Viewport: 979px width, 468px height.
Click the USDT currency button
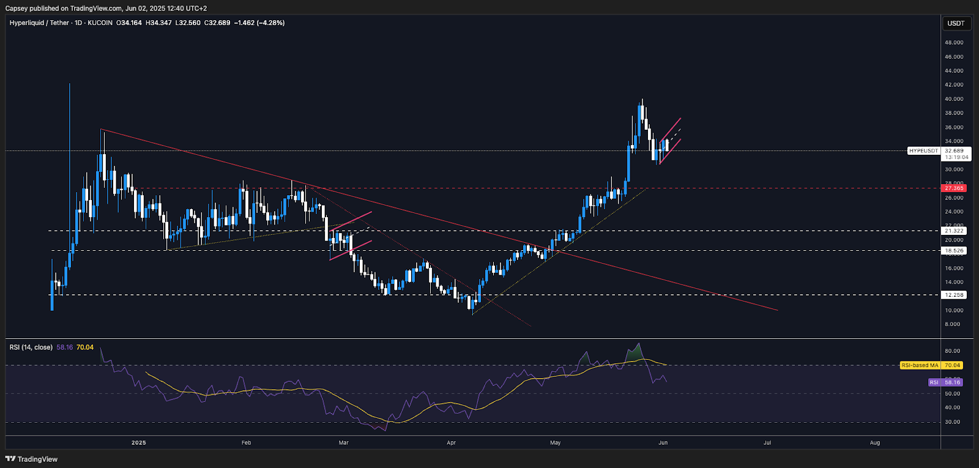point(956,23)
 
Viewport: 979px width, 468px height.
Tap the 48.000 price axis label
point(954,43)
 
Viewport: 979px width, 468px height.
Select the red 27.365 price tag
point(954,188)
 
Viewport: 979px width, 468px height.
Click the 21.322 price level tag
point(954,231)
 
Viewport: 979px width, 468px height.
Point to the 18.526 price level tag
point(954,251)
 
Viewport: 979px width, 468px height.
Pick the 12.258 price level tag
point(954,295)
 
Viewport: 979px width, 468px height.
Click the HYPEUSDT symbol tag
point(923,150)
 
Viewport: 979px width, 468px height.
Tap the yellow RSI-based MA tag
point(920,365)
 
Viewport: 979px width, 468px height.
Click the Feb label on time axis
point(247,442)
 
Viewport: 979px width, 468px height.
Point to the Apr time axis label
point(451,442)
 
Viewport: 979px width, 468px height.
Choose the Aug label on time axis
point(875,442)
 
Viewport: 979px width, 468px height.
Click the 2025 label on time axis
point(139,442)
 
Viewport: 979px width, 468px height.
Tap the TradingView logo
point(32,459)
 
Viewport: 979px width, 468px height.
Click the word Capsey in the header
point(16,9)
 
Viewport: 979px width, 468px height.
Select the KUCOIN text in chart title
point(100,23)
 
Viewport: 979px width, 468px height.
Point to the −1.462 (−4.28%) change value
point(259,23)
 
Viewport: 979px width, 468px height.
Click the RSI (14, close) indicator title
point(31,347)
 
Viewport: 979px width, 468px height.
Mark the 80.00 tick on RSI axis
point(952,351)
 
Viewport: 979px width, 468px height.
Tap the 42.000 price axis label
point(954,85)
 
